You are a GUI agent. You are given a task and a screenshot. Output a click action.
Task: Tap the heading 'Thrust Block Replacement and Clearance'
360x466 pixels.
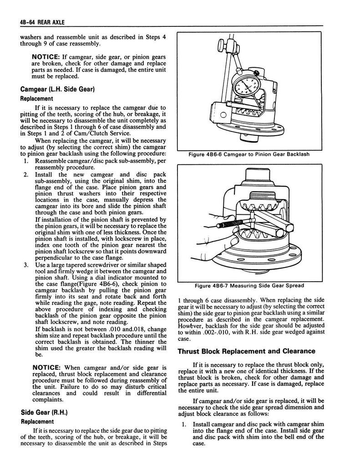click(x=246, y=351)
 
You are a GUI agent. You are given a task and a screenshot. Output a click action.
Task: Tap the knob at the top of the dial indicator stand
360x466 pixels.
click(x=220, y=46)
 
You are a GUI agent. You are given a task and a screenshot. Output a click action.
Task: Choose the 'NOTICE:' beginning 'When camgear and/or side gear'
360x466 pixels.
click(x=44, y=367)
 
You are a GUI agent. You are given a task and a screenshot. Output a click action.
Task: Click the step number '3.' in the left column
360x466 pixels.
click(x=26, y=265)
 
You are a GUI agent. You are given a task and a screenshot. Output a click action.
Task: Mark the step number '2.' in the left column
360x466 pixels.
click(x=26, y=175)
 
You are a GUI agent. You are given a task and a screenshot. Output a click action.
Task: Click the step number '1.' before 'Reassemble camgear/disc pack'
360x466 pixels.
click(x=26, y=161)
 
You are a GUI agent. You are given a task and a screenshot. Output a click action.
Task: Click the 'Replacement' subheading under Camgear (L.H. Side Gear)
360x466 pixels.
click(x=36, y=98)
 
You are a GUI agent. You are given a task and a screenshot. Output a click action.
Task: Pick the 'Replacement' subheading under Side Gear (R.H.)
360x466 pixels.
click(x=36, y=421)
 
